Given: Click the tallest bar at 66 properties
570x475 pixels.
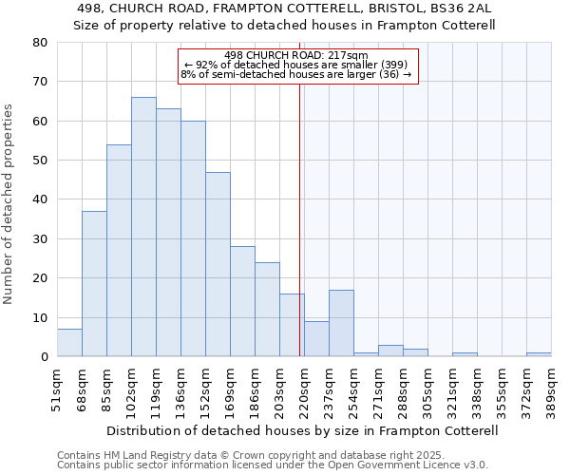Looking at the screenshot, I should tap(143, 227).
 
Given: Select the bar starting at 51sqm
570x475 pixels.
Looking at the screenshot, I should tap(69, 343).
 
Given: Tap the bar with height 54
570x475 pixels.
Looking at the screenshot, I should tap(119, 251).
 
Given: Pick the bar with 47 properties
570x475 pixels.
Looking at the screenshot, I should tap(218, 264).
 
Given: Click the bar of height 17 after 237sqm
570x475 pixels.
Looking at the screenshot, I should tap(341, 323).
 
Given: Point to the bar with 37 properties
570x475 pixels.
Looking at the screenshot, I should tap(94, 284).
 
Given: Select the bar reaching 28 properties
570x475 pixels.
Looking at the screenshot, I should tap(242, 301).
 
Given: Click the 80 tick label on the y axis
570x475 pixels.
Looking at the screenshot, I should tap(40, 43).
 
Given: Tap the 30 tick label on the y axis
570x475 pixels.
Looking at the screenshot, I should tap(40, 239).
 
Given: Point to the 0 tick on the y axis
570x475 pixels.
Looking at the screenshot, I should tap(44, 357).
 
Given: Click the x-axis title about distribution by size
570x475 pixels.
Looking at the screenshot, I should tap(303, 430).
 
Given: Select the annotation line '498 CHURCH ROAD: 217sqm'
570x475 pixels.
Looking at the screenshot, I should tap(296, 55).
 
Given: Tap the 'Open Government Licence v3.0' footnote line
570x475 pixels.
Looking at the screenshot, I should tap(273, 465).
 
